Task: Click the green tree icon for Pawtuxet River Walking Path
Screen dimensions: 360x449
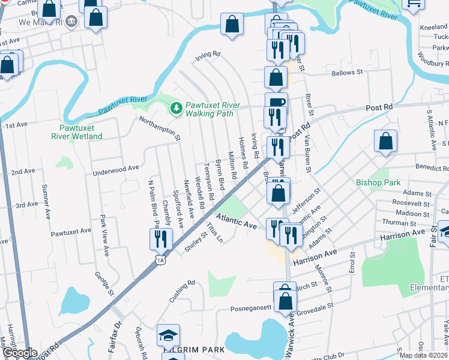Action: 176,108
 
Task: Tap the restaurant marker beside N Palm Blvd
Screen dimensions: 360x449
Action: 161,239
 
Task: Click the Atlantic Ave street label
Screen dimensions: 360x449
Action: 237,221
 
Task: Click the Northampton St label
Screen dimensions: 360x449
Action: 159,128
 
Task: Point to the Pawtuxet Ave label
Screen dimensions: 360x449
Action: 71,230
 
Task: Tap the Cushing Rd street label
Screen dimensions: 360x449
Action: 182,290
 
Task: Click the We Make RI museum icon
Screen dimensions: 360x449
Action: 71,22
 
